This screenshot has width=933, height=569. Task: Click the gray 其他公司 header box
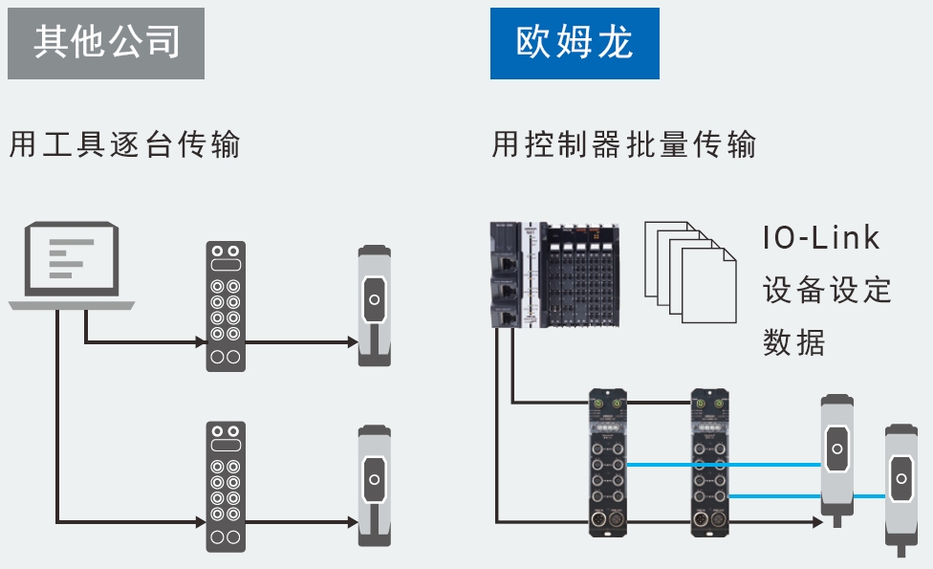click(x=106, y=42)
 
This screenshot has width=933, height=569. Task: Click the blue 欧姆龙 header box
click(x=575, y=42)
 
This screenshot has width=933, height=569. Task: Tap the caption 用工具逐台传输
click(x=124, y=145)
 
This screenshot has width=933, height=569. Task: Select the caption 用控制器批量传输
click(x=624, y=144)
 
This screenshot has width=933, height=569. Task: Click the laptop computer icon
click(x=72, y=266)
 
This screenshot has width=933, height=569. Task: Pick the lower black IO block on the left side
click(x=226, y=486)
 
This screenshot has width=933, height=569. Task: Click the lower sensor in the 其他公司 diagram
click(x=374, y=486)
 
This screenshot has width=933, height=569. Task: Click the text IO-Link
click(x=821, y=238)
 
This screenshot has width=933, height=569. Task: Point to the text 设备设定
click(x=827, y=290)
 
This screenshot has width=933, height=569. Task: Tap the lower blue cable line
click(x=813, y=495)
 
